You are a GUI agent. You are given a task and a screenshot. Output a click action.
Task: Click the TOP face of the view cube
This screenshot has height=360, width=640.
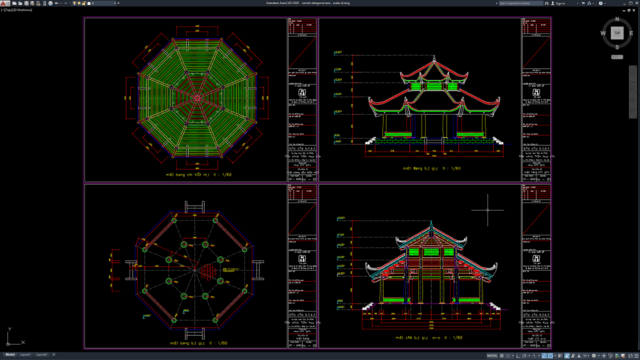tap(615, 35)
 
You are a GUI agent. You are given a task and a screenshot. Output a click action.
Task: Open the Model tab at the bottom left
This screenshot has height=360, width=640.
tap(10, 355)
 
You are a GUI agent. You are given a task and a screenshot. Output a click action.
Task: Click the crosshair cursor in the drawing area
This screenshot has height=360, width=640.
tap(489, 211)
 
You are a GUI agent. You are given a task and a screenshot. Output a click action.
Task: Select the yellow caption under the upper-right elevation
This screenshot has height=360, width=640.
tap(430, 169)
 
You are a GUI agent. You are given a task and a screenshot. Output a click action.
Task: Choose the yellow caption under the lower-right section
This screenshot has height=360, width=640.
tap(430, 338)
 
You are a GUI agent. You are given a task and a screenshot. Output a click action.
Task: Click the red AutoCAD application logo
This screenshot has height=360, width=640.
tap(4, 4)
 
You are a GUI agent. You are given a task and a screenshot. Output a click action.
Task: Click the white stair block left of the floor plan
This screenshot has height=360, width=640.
tap(128, 268)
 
